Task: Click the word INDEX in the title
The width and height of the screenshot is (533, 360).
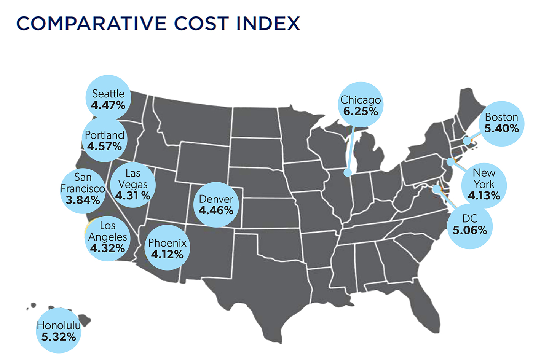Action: click(x=268, y=24)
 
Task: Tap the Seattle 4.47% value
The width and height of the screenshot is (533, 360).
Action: click(x=108, y=105)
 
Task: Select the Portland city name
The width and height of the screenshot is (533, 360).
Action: click(x=105, y=135)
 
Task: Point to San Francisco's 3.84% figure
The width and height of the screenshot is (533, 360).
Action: click(x=83, y=200)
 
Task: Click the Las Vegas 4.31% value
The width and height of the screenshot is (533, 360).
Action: click(x=133, y=196)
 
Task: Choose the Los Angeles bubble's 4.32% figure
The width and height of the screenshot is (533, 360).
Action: click(x=108, y=248)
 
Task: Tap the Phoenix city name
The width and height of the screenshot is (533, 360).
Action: click(x=167, y=242)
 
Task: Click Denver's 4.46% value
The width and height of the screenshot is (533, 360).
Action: click(x=216, y=210)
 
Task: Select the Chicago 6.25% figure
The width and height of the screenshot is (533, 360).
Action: click(x=361, y=111)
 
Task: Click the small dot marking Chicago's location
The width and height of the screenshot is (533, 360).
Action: click(x=347, y=173)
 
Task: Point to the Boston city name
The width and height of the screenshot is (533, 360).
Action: click(x=501, y=117)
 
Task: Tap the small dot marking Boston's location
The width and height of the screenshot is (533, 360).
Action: click(x=467, y=141)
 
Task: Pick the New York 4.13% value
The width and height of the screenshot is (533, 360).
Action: click(x=484, y=196)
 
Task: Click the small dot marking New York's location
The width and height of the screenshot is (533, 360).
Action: click(x=451, y=162)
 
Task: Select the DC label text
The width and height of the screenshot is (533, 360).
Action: click(x=470, y=218)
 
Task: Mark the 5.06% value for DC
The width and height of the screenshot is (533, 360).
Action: click(x=470, y=230)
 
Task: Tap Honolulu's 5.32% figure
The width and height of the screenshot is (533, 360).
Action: click(x=59, y=337)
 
